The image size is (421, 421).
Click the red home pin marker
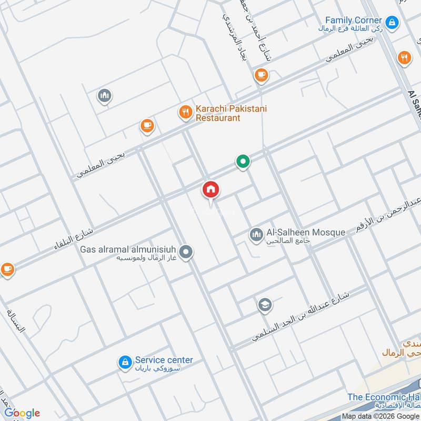[211, 189]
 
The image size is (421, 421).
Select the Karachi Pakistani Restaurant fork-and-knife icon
[185, 112]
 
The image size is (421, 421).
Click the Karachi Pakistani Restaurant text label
[231, 113]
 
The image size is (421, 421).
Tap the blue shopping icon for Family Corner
[392, 22]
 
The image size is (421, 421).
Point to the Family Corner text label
[353, 20]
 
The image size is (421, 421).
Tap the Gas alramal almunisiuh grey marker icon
[185, 253]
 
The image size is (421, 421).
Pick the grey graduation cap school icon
[264, 305]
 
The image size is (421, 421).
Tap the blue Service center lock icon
[125, 362]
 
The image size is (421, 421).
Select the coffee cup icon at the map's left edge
[6, 269]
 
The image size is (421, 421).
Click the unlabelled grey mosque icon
[105, 96]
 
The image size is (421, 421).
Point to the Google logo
[22, 413]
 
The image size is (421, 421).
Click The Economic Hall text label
[383, 397]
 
